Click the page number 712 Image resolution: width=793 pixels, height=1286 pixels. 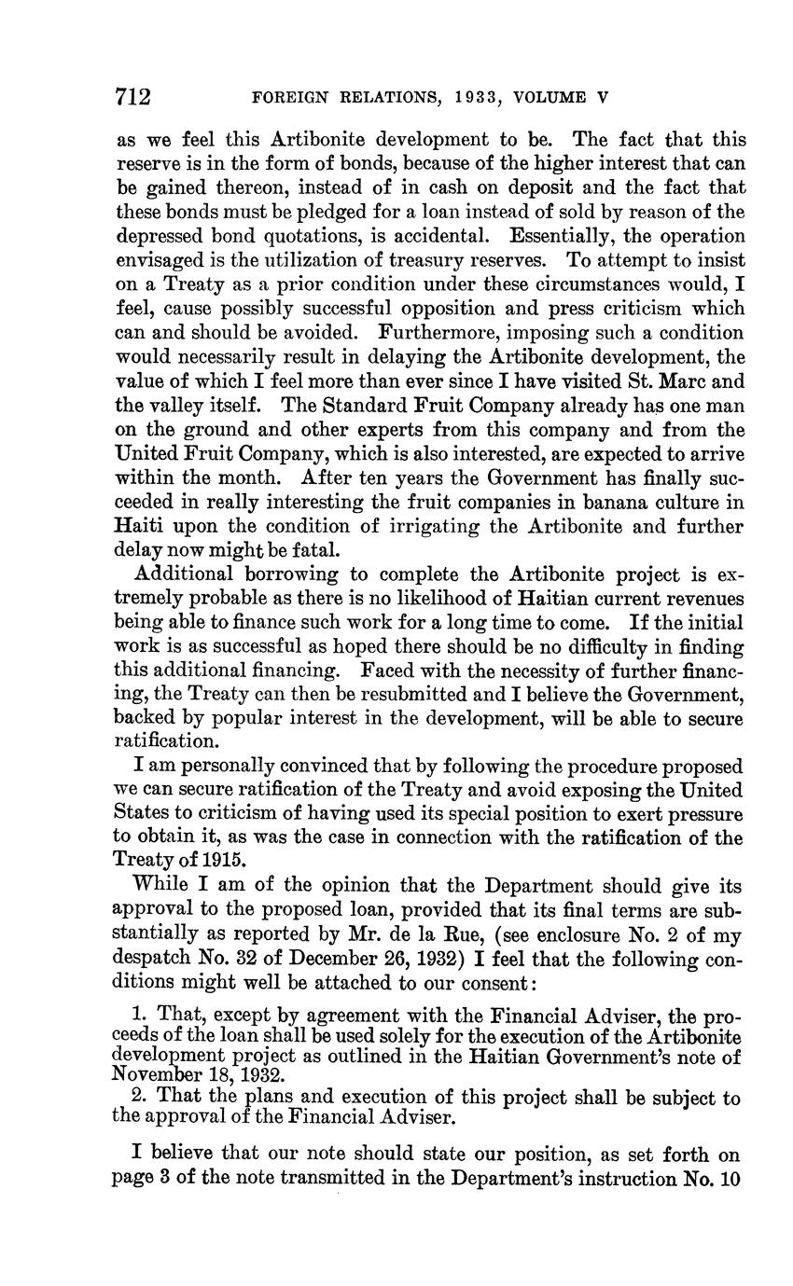point(133,97)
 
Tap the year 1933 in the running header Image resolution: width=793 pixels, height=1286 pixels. point(455,97)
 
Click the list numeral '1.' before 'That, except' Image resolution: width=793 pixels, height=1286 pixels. point(142,1014)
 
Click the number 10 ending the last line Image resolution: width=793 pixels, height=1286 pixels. point(729,1178)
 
